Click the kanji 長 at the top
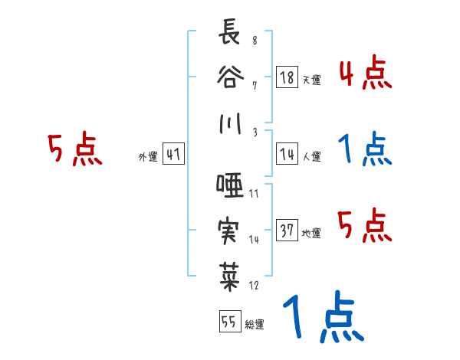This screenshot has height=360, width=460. coord(228,34)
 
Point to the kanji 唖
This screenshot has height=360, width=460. coord(228,185)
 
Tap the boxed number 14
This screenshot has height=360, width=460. coord(287,152)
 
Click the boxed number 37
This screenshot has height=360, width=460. coord(287,229)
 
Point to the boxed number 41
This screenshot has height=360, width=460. coord(173,153)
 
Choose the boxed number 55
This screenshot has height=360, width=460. coord(228,322)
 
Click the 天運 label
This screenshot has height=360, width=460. coord(310,80)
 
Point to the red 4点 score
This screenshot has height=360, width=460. coord(365,74)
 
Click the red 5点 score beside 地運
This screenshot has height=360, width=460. coord(365,224)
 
